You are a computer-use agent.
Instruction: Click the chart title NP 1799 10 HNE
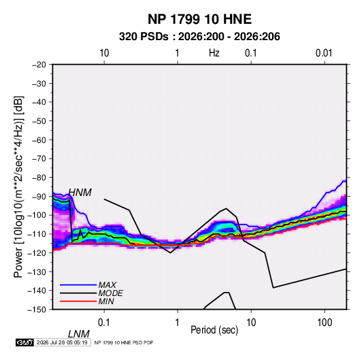point(199,19)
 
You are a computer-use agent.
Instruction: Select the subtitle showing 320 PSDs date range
point(199,37)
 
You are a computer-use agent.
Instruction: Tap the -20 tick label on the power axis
point(39,65)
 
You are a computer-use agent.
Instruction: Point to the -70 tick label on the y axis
point(39,159)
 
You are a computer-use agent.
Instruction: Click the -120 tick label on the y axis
point(37,253)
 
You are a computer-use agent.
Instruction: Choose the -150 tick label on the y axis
point(37,310)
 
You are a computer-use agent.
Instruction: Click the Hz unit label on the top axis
point(214,53)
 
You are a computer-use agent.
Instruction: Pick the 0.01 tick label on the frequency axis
point(324,53)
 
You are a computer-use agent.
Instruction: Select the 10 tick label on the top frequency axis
point(104,53)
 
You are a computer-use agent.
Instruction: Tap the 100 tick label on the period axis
point(325,323)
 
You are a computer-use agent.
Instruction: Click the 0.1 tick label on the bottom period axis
point(103,323)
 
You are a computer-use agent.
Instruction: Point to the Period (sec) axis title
point(214,330)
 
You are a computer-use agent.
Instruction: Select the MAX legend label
point(107,285)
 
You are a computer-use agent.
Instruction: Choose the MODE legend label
point(110,293)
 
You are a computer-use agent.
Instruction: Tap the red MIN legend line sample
point(78,301)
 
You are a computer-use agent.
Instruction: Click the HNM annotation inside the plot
point(80,193)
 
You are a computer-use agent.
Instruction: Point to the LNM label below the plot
point(78,334)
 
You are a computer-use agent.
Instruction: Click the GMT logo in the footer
point(24,342)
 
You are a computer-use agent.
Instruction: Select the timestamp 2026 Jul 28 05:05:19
point(62,342)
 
